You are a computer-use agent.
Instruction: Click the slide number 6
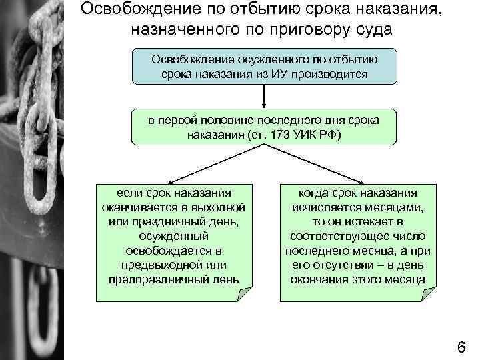coord(461,346)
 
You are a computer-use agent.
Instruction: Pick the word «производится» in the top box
coord(335,73)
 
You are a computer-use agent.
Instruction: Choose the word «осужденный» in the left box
coord(174,236)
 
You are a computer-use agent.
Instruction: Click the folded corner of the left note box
coord(246,291)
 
